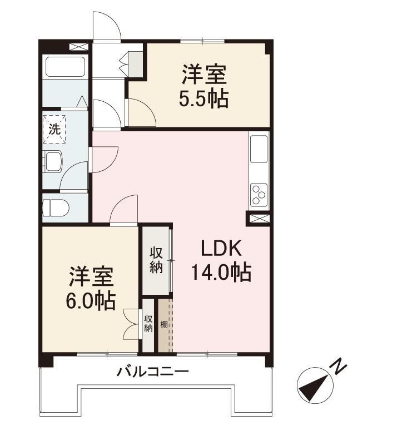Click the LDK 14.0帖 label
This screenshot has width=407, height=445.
(221, 260)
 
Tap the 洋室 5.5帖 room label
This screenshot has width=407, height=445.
(203, 86)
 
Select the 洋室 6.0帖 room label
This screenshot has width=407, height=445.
(91, 288)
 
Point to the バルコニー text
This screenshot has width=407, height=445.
(153, 372)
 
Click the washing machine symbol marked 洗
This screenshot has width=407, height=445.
(54, 130)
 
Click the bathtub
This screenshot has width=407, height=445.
(66, 67)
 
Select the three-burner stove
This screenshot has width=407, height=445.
(259, 194)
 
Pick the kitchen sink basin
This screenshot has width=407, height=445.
(259, 149)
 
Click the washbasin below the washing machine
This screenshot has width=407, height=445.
(53, 161)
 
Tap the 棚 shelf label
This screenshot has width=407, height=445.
(164, 324)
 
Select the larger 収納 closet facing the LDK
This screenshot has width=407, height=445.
(156, 260)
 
